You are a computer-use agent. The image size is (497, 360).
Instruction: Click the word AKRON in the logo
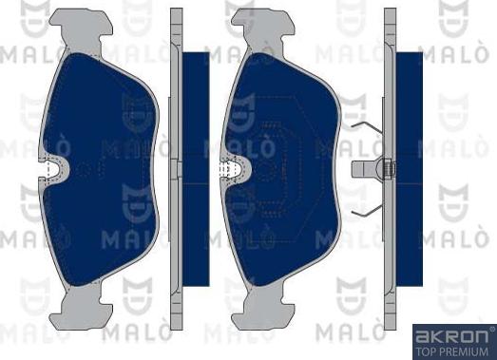[x=451, y=337]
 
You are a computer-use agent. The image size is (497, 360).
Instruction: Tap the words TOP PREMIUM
[x=452, y=351]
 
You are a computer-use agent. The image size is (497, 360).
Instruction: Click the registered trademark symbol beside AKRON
[x=492, y=330]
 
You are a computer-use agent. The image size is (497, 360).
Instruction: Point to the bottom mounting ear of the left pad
[x=82, y=308]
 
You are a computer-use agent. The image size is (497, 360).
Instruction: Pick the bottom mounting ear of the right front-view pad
[x=263, y=308]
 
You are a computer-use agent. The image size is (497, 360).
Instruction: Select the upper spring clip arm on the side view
[x=368, y=126]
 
